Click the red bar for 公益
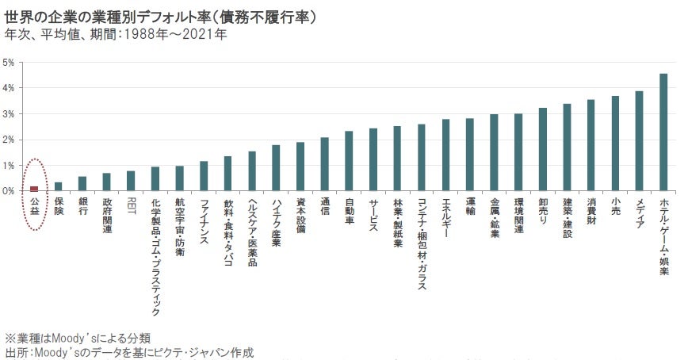coord(34,188)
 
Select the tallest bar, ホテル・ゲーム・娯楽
coord(663,132)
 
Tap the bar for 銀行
coord(82,184)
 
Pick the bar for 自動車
coord(349,161)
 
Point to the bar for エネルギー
coord(445,155)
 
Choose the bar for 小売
coord(614,144)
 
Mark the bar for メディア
coord(639,141)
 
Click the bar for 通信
coord(324,164)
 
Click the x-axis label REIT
coord(131,205)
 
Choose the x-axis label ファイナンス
coord(204,221)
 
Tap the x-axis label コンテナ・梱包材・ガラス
coord(421,243)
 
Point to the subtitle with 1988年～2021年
coord(116,36)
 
